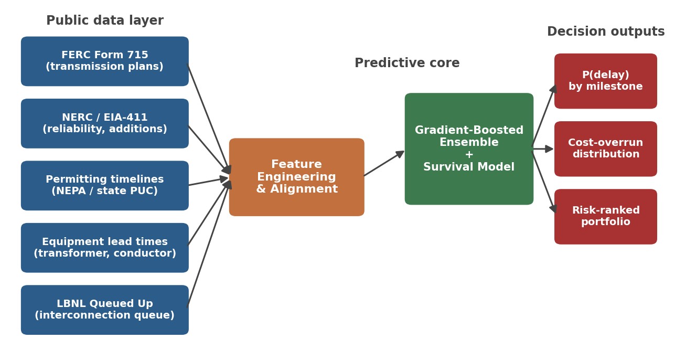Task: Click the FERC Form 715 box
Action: pyautogui.click(x=105, y=61)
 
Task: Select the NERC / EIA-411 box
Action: pyautogui.click(x=105, y=123)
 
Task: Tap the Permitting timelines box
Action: pyautogui.click(x=105, y=185)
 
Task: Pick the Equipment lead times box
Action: pyautogui.click(x=105, y=248)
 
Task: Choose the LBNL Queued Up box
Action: pyautogui.click(x=105, y=310)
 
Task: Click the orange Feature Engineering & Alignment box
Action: pyautogui.click(x=297, y=177)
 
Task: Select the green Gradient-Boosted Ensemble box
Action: pyautogui.click(x=469, y=149)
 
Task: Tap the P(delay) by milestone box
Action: pyautogui.click(x=606, y=81)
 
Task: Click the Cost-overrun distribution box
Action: pyautogui.click(x=606, y=149)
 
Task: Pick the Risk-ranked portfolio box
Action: pyautogui.click(x=606, y=217)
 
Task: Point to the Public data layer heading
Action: pyautogui.click(x=105, y=20)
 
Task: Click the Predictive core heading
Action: pyautogui.click(x=407, y=63)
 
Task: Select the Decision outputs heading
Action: pyautogui.click(x=606, y=31)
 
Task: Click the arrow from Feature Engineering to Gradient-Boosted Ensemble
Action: pyautogui.click(x=384, y=163)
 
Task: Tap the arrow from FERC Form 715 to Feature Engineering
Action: pyautogui.click(x=209, y=119)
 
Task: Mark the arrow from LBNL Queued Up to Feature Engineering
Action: pyautogui.click(x=209, y=243)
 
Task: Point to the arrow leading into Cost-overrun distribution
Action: pyautogui.click(x=543, y=149)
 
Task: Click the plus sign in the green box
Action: pyautogui.click(x=469, y=155)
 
